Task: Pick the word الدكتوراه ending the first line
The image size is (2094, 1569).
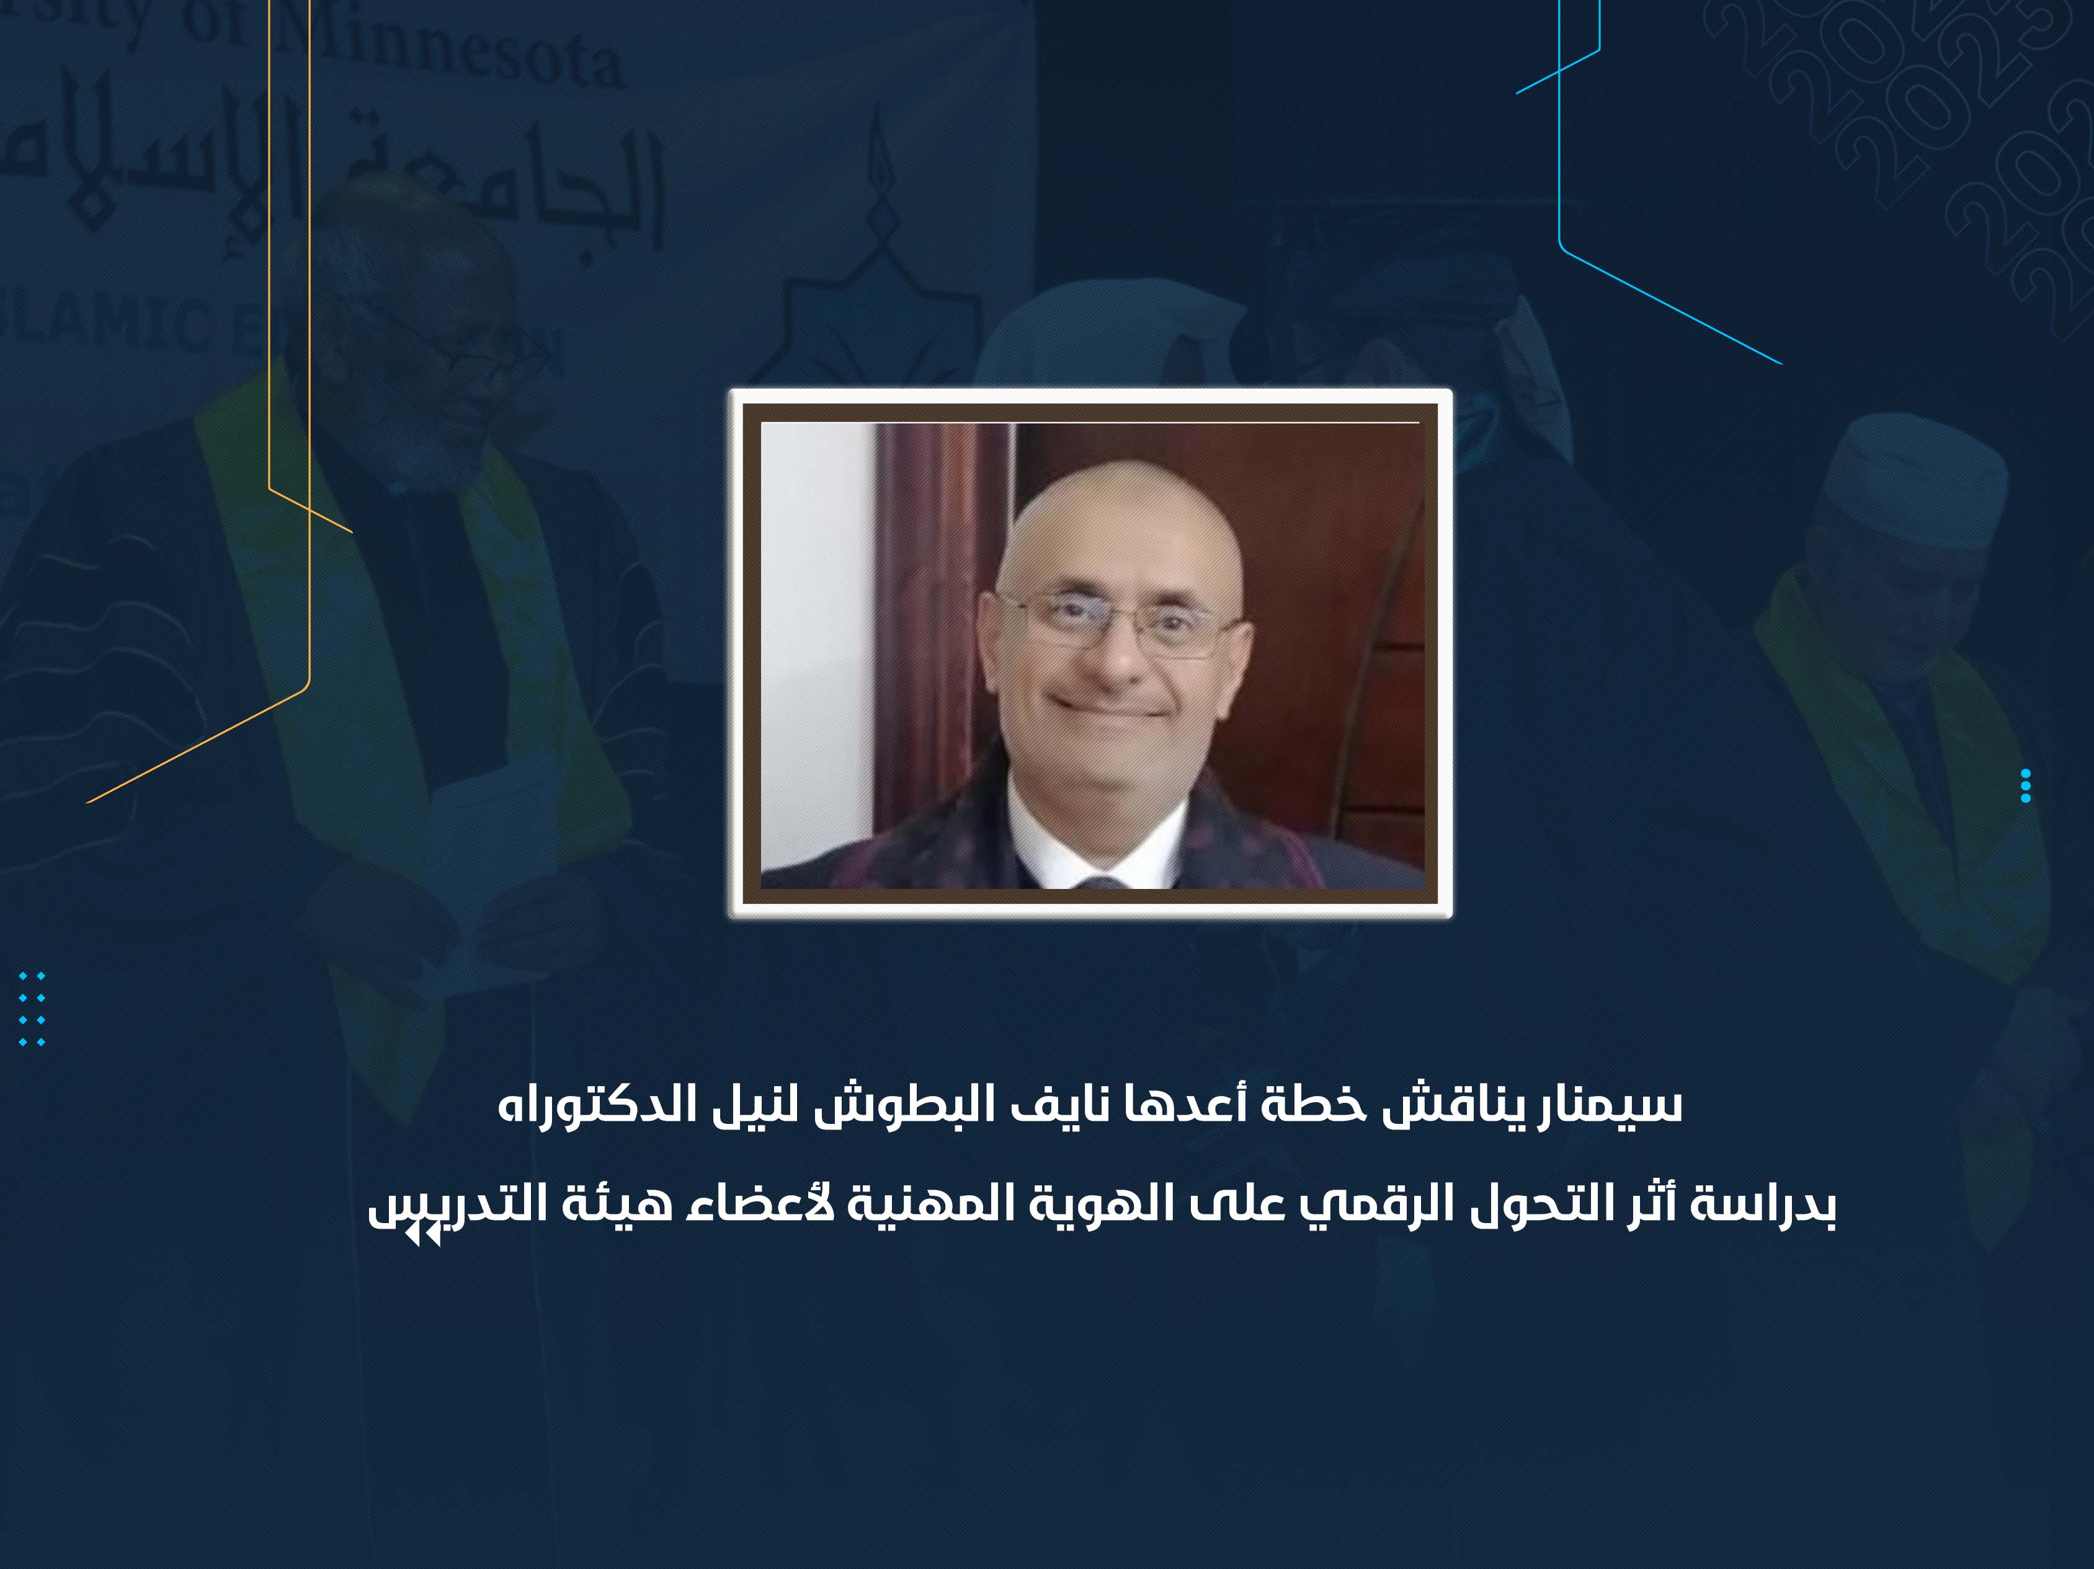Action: point(585,1103)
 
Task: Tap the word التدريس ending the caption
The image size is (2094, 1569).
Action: point(459,1204)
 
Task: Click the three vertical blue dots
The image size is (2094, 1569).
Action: point(2025,785)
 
